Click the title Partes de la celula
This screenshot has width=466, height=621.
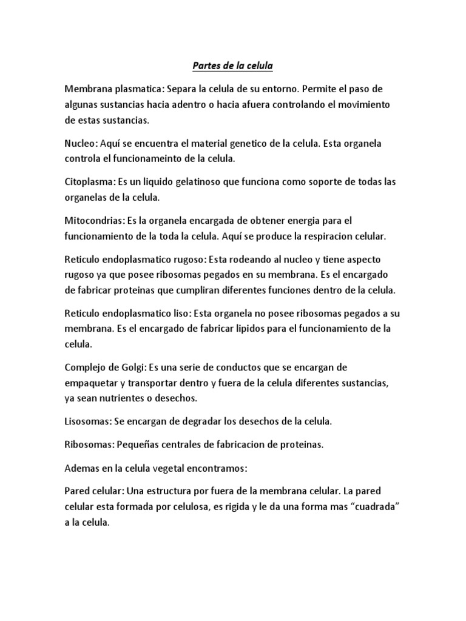pyautogui.click(x=233, y=64)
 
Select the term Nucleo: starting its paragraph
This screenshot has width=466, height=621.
pyautogui.click(x=82, y=144)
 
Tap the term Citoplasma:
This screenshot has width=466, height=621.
pyautogui.click(x=93, y=182)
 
